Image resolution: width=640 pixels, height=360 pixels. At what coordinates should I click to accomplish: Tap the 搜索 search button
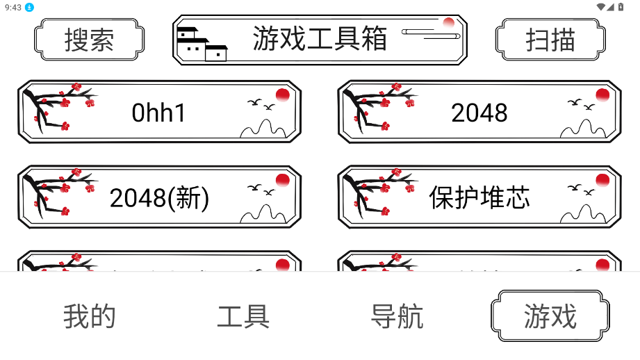click(89, 40)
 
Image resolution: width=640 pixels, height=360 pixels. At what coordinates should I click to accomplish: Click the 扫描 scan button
click(550, 40)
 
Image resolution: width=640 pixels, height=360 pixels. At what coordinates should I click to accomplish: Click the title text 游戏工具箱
click(320, 39)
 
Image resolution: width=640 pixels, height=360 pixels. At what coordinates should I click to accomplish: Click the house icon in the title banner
click(202, 44)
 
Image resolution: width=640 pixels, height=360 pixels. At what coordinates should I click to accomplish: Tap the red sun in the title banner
click(449, 22)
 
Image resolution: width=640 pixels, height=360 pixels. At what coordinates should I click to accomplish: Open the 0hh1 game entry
click(159, 112)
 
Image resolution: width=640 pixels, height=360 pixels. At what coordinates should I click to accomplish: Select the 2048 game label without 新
click(479, 113)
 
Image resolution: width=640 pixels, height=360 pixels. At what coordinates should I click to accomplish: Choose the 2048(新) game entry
click(159, 197)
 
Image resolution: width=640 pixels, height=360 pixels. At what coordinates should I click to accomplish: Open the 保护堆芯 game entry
click(479, 197)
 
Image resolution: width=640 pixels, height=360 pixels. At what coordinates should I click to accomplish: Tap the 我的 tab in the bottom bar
click(90, 316)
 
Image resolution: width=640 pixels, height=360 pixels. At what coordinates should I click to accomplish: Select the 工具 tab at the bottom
click(243, 316)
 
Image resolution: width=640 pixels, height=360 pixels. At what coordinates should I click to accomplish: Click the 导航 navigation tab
click(397, 316)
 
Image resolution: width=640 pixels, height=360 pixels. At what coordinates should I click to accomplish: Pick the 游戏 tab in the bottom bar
click(550, 316)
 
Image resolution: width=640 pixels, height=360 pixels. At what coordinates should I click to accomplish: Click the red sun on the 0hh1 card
click(282, 95)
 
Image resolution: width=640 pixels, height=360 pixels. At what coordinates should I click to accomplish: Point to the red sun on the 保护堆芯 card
click(602, 180)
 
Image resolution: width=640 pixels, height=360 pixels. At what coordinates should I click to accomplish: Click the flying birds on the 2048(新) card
click(261, 190)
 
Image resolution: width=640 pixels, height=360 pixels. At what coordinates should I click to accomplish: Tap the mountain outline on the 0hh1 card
click(263, 128)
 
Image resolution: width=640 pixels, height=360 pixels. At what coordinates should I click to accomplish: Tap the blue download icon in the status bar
click(29, 8)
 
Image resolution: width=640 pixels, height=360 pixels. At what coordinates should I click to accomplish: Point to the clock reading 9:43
click(13, 8)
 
